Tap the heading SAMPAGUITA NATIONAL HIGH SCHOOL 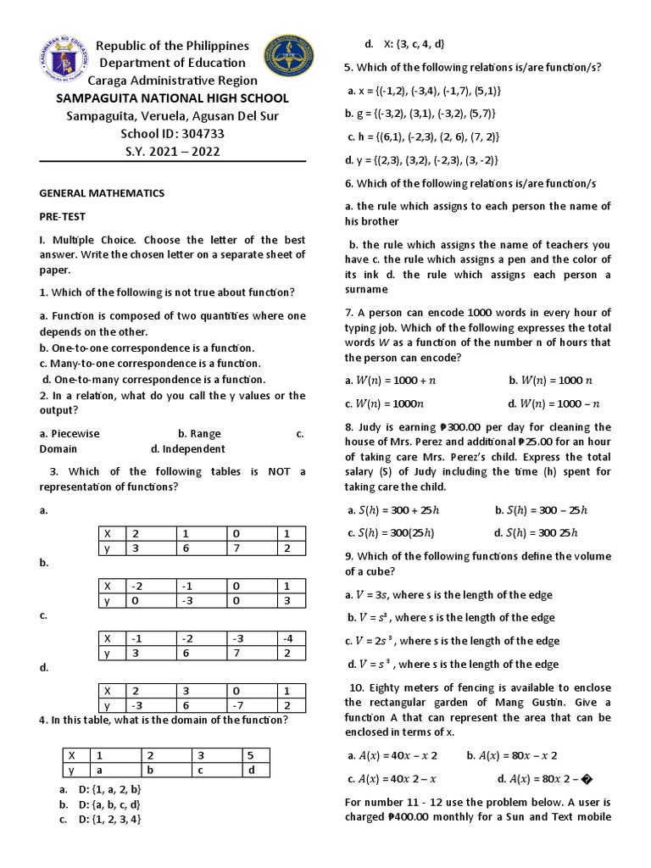coord(172,98)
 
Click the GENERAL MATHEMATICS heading coord(102,193)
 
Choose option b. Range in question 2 coord(199,433)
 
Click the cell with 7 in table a coord(239,549)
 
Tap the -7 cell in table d coord(239,705)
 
